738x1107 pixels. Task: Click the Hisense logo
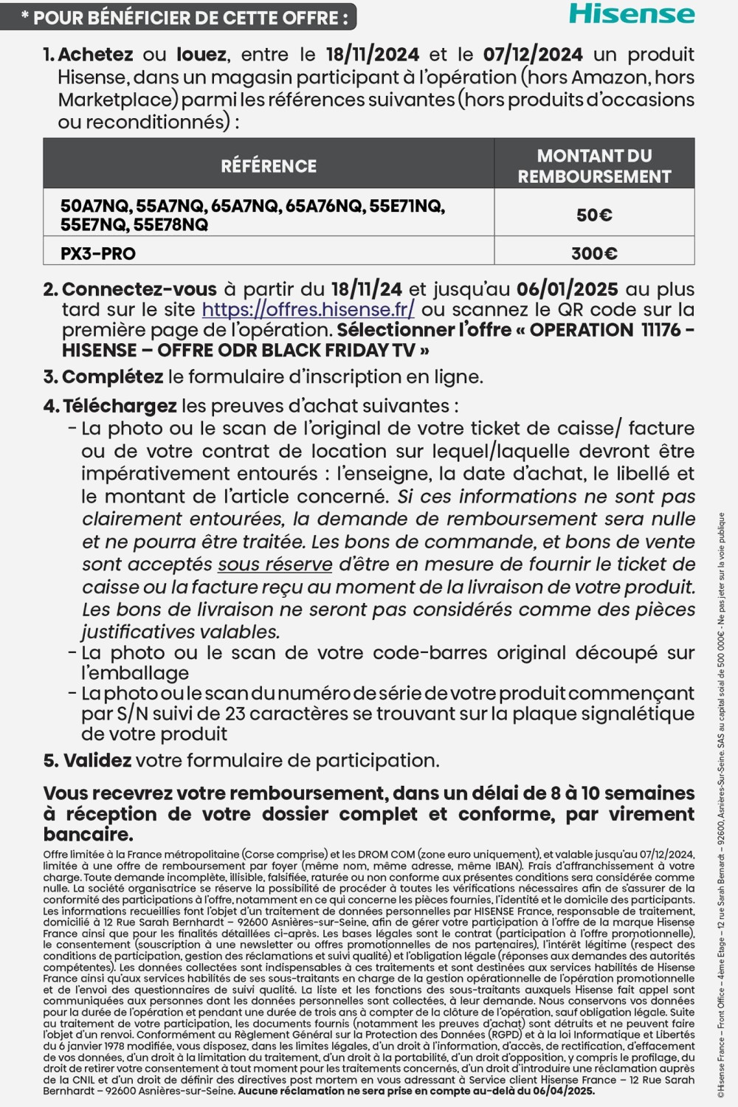(632, 14)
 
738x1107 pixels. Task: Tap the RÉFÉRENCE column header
(269, 166)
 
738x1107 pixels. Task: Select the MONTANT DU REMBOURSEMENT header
(594, 166)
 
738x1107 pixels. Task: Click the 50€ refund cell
(594, 215)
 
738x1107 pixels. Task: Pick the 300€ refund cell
(594, 254)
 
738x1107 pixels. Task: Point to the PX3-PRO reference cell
(98, 254)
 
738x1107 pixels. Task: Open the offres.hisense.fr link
(308, 310)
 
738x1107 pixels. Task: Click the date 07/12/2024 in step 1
(532, 55)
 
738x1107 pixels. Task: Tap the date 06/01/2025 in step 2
(567, 290)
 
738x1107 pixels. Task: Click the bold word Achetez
(95, 55)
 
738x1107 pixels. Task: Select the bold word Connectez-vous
(139, 290)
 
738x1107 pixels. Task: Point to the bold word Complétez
(112, 377)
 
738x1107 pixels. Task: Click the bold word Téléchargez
(120, 406)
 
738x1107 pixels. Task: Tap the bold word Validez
(97, 761)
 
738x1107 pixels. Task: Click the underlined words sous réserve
(275, 565)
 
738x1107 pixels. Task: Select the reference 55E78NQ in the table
(171, 225)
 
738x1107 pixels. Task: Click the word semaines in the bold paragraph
(649, 793)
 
